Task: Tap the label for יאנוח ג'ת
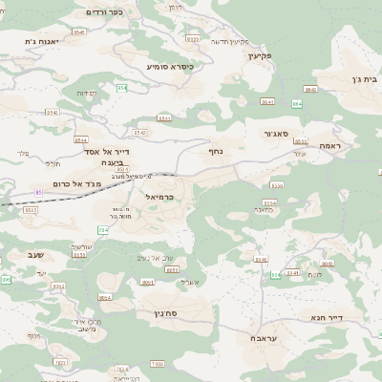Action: click(42, 41)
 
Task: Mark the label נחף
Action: click(216, 150)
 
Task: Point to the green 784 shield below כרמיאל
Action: click(103, 230)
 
